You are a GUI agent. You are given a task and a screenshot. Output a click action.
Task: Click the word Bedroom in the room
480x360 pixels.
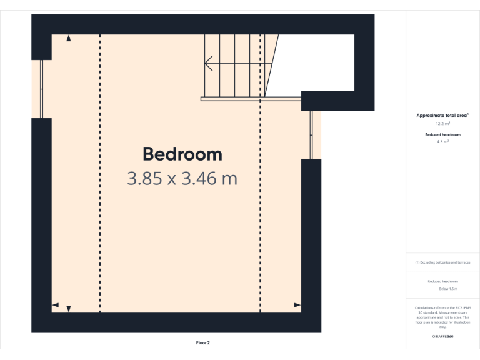coord(182,154)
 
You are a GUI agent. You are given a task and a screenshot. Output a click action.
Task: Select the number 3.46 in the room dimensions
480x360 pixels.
coord(198,179)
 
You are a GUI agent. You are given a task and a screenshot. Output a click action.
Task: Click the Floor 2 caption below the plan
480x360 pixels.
coord(203,342)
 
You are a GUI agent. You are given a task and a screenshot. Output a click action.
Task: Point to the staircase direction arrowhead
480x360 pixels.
coord(208,63)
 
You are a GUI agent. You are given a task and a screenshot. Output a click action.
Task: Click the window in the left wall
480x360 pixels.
coord(42,88)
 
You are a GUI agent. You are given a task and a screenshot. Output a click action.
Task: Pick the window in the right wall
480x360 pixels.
coord(311,134)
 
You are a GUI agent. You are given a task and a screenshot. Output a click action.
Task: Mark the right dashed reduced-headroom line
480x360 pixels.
coord(261,206)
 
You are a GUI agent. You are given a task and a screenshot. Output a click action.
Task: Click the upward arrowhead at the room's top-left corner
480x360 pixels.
coord(69,39)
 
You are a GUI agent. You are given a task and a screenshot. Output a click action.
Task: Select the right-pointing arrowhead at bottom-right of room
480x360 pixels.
coord(297,305)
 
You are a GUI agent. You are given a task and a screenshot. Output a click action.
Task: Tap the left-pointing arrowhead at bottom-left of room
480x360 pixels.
coord(56,305)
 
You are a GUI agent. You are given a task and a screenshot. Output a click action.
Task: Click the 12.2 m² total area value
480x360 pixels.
coord(442,124)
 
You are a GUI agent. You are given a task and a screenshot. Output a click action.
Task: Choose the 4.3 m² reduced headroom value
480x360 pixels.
coord(442,142)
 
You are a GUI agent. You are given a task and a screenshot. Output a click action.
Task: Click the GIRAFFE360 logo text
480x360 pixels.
coord(442,337)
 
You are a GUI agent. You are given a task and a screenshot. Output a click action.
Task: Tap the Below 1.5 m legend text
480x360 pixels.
coord(448,289)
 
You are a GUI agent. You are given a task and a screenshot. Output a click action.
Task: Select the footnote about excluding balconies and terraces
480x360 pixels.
coord(442,262)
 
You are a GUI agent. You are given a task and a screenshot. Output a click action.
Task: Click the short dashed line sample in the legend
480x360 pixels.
coord(431,289)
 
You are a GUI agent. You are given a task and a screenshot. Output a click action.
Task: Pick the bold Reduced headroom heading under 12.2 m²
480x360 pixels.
coord(442,135)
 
